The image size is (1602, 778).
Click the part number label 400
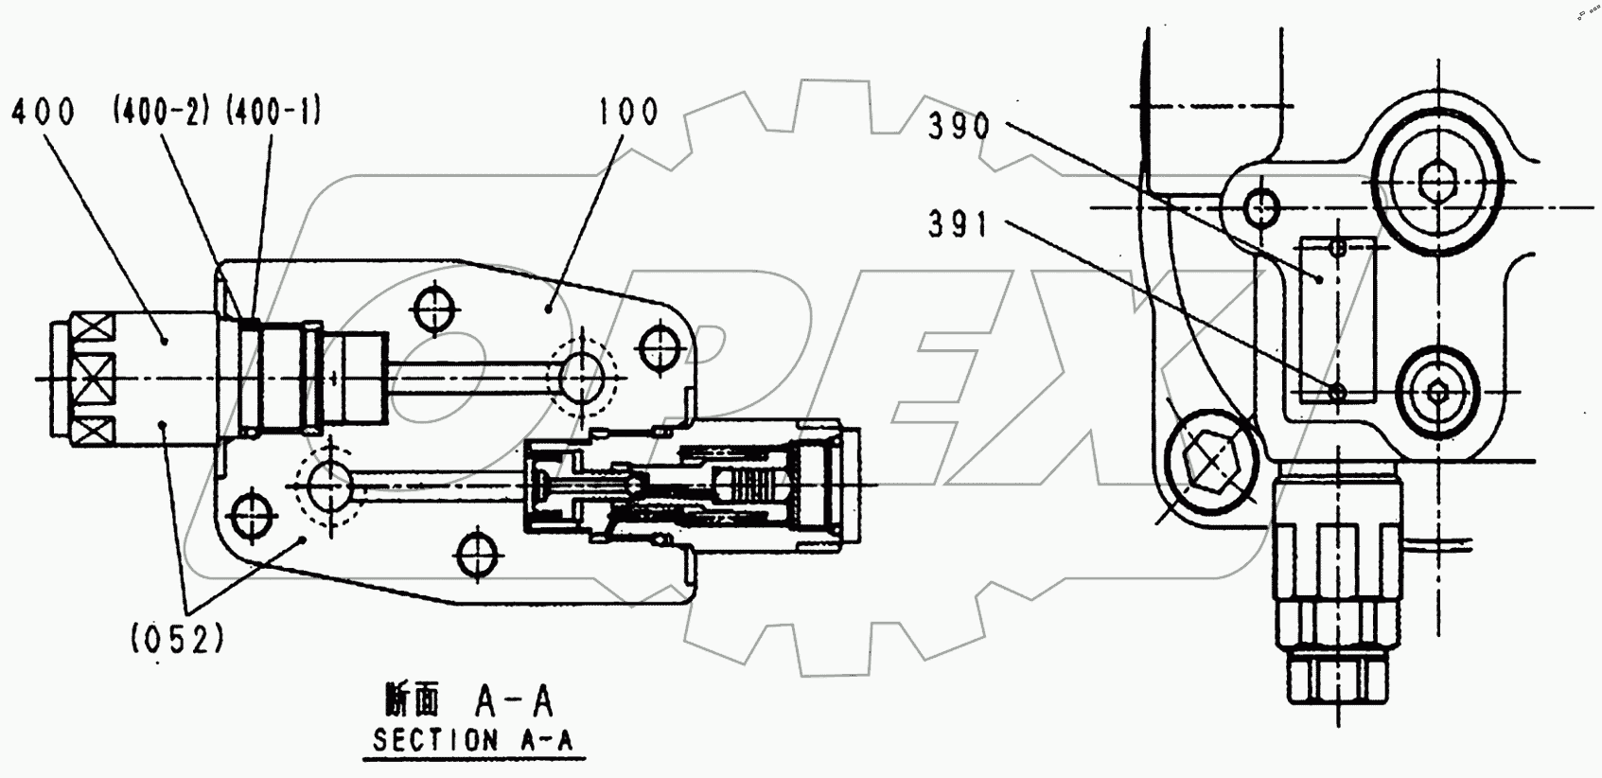click(43, 112)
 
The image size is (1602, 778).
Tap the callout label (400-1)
click(273, 112)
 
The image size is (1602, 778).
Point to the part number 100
click(627, 112)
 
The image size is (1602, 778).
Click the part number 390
click(958, 126)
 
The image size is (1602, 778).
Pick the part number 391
click(958, 224)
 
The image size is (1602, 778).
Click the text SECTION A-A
click(472, 740)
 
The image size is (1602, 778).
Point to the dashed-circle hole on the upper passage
click(581, 377)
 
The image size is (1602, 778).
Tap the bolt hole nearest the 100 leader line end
click(433, 309)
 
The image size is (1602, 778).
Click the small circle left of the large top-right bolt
click(1260, 205)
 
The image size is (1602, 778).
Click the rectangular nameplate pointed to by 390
click(1337, 320)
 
